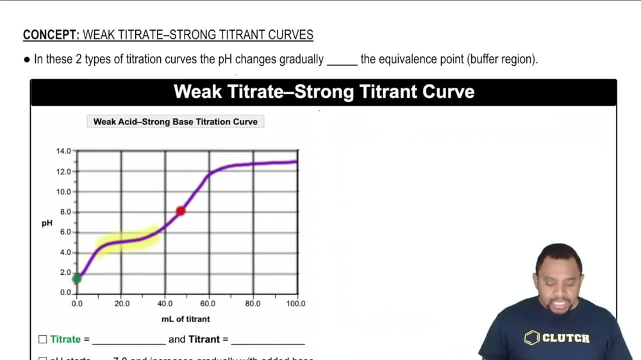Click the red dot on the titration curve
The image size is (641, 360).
[x=181, y=211]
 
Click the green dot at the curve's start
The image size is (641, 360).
[x=77, y=278]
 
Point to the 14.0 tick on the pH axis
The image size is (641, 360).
[x=63, y=151]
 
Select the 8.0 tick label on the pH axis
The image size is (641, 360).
[x=65, y=212]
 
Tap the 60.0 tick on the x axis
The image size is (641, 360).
[x=208, y=304]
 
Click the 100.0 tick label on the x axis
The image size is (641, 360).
[x=296, y=304]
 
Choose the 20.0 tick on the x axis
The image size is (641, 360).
[x=122, y=304]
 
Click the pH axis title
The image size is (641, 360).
[x=47, y=224]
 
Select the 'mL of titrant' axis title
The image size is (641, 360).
[x=185, y=318]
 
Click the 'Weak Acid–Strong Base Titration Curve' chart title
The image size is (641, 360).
[x=175, y=122]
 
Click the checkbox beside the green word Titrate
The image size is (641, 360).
[x=42, y=340]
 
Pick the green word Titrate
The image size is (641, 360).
[x=65, y=340]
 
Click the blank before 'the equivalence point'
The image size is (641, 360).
[x=342, y=62]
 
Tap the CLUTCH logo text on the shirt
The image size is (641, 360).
[x=565, y=338]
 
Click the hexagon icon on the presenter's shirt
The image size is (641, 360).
[x=532, y=338]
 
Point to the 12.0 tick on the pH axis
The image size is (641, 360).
[x=63, y=172]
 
